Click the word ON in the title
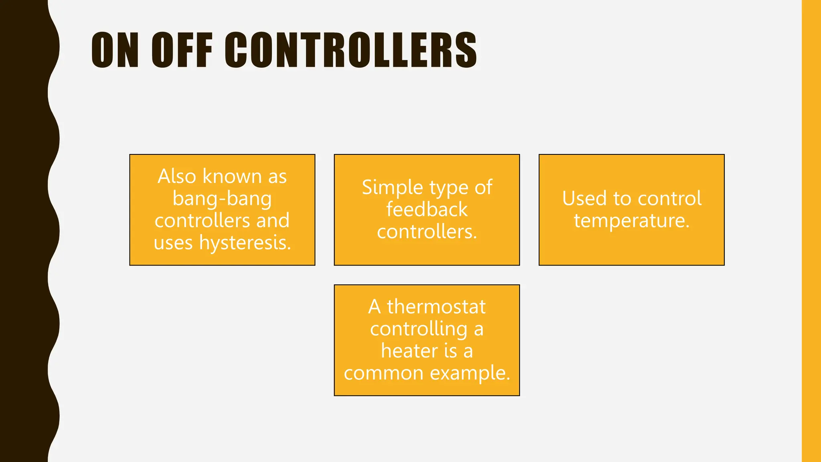pos(115,50)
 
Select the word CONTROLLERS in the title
pos(351,50)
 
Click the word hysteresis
pos(245,243)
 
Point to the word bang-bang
pos(222,199)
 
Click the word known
pos(232,176)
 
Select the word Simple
pos(392,188)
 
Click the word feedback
pos(427,210)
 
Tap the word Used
pos(584,199)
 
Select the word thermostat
pos(436,307)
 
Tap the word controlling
pos(419,329)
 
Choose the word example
pos(470,373)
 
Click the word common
pos(384,373)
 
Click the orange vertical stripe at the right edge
pos(811,231)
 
